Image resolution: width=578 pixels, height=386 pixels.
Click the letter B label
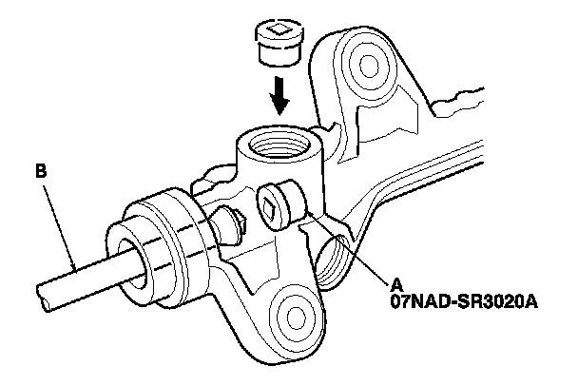coord(40,172)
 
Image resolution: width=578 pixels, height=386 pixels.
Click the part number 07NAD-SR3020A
coord(460,301)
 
